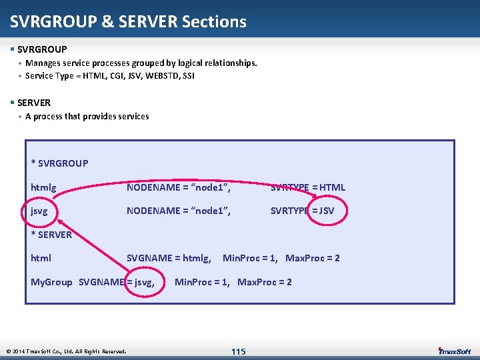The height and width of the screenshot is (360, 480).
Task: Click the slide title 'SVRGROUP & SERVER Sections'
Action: coord(128,21)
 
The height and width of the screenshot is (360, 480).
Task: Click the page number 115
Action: coord(238,351)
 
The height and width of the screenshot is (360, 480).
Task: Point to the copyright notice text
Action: coord(66,351)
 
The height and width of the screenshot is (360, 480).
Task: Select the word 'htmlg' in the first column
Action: coord(43,187)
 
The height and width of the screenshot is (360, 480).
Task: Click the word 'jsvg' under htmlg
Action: coord(39,211)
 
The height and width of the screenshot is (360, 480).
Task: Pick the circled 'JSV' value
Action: coord(327,211)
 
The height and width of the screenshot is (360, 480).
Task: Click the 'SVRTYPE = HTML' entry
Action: coord(307,187)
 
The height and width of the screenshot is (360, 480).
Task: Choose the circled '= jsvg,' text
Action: coord(141,282)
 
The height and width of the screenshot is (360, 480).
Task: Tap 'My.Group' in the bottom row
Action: coord(51,282)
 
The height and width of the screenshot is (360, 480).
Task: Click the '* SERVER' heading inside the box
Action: coord(51,234)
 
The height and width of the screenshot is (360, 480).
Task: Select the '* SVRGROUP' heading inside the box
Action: coord(59,163)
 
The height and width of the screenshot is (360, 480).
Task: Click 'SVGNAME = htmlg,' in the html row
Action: coord(169,258)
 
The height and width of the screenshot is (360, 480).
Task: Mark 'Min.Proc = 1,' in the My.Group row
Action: coord(202,282)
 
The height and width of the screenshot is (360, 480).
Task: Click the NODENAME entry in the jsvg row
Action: coord(178,211)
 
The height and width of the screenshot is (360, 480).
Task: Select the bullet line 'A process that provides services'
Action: coord(87,116)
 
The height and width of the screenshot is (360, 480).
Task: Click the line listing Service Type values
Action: coord(109,76)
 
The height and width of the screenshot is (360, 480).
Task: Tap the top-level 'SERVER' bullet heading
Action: coord(33,103)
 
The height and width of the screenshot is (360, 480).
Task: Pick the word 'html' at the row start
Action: coord(41,258)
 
